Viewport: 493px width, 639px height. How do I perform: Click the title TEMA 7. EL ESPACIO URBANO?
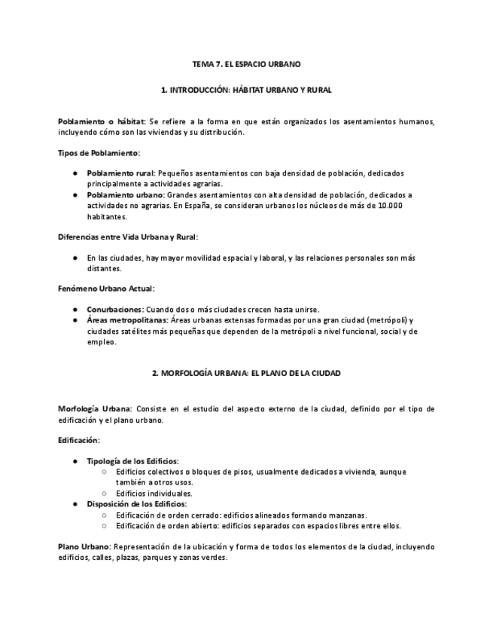[246, 66]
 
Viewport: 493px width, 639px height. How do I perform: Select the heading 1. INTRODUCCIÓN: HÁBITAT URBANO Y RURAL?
[246, 90]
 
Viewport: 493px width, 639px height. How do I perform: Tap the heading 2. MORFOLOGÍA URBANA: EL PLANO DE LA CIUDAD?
[246, 373]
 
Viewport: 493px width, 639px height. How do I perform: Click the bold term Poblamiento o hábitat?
[102, 121]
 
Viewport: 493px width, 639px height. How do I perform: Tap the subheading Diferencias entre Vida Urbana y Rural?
[127, 237]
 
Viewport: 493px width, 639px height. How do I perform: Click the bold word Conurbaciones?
[114, 309]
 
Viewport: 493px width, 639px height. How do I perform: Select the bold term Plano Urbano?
[84, 546]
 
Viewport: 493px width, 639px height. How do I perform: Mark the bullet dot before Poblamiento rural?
[75, 173]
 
